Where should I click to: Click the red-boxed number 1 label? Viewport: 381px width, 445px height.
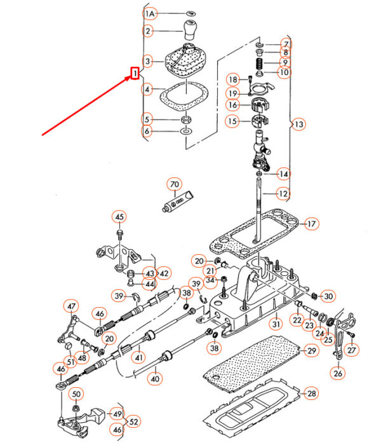135,73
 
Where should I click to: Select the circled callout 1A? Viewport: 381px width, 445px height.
150,13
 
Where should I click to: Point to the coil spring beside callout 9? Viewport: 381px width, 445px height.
260,64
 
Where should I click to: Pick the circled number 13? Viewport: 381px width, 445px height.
299,124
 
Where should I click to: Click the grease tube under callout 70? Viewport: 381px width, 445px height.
178,201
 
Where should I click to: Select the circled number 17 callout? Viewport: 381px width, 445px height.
311,224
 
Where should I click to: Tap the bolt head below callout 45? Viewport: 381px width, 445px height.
119,233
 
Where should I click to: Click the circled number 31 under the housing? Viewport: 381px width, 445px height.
276,324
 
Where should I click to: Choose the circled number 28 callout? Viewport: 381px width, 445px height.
311,394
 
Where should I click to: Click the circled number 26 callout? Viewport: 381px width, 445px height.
338,373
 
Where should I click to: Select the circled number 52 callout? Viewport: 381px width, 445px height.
133,421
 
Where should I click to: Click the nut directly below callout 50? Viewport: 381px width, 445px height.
76,409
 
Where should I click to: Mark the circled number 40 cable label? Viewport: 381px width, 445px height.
155,379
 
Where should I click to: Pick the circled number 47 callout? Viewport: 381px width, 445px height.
71,306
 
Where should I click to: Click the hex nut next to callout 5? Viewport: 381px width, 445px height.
185,120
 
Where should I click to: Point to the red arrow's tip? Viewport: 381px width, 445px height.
131,76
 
